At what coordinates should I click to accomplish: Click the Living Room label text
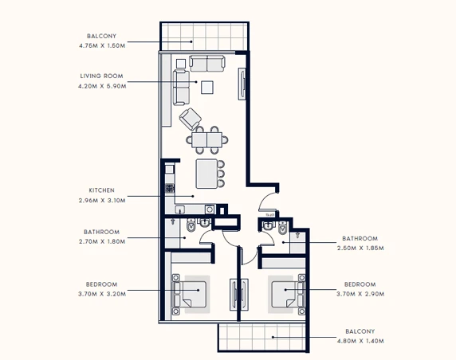(101, 76)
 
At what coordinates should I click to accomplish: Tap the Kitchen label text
(101, 190)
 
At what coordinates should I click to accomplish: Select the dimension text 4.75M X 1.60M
(102, 45)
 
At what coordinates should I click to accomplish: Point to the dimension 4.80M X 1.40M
(360, 341)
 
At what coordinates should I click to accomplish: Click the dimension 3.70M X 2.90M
(360, 294)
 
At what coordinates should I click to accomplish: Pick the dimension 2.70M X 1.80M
(102, 241)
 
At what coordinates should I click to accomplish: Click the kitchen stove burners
(170, 188)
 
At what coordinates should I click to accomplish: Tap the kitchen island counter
(206, 174)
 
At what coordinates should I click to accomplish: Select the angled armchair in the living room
(191, 119)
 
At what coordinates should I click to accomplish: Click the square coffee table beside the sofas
(207, 87)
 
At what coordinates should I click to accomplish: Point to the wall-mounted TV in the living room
(242, 84)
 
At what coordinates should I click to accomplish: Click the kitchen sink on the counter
(179, 209)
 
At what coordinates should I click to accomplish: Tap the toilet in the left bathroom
(191, 225)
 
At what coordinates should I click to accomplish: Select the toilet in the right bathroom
(282, 228)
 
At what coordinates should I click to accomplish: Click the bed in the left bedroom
(190, 294)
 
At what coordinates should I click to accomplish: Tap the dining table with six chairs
(207, 139)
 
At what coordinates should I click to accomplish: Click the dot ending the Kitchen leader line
(193, 196)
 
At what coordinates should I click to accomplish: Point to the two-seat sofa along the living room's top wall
(207, 64)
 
